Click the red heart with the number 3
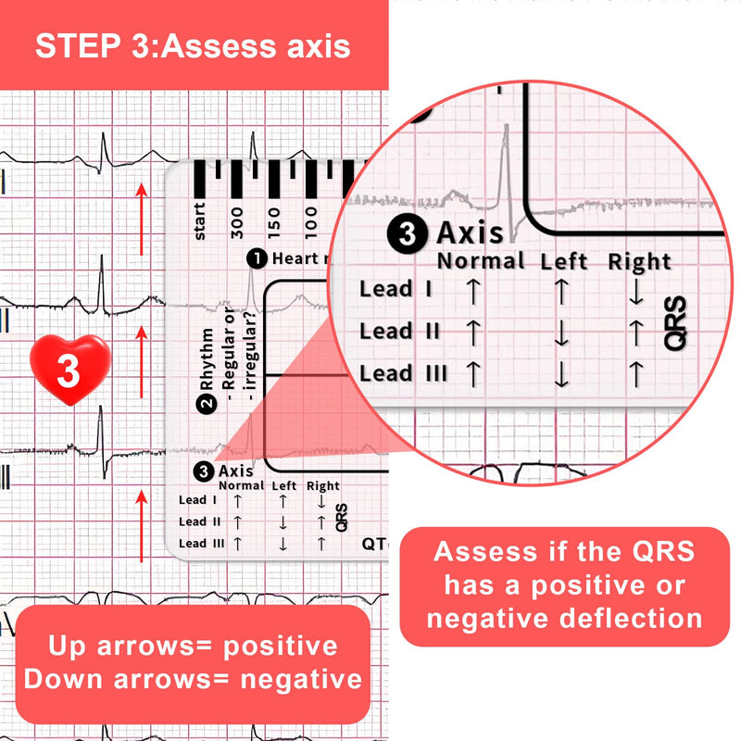69,370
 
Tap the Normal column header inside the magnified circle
481,261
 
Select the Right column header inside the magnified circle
639,262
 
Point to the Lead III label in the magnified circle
404,373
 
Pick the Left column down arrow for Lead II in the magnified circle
560,334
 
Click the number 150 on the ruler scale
273,222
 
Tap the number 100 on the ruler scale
310,222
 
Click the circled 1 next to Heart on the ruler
256,259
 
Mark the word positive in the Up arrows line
272,646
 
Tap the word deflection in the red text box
630,617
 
